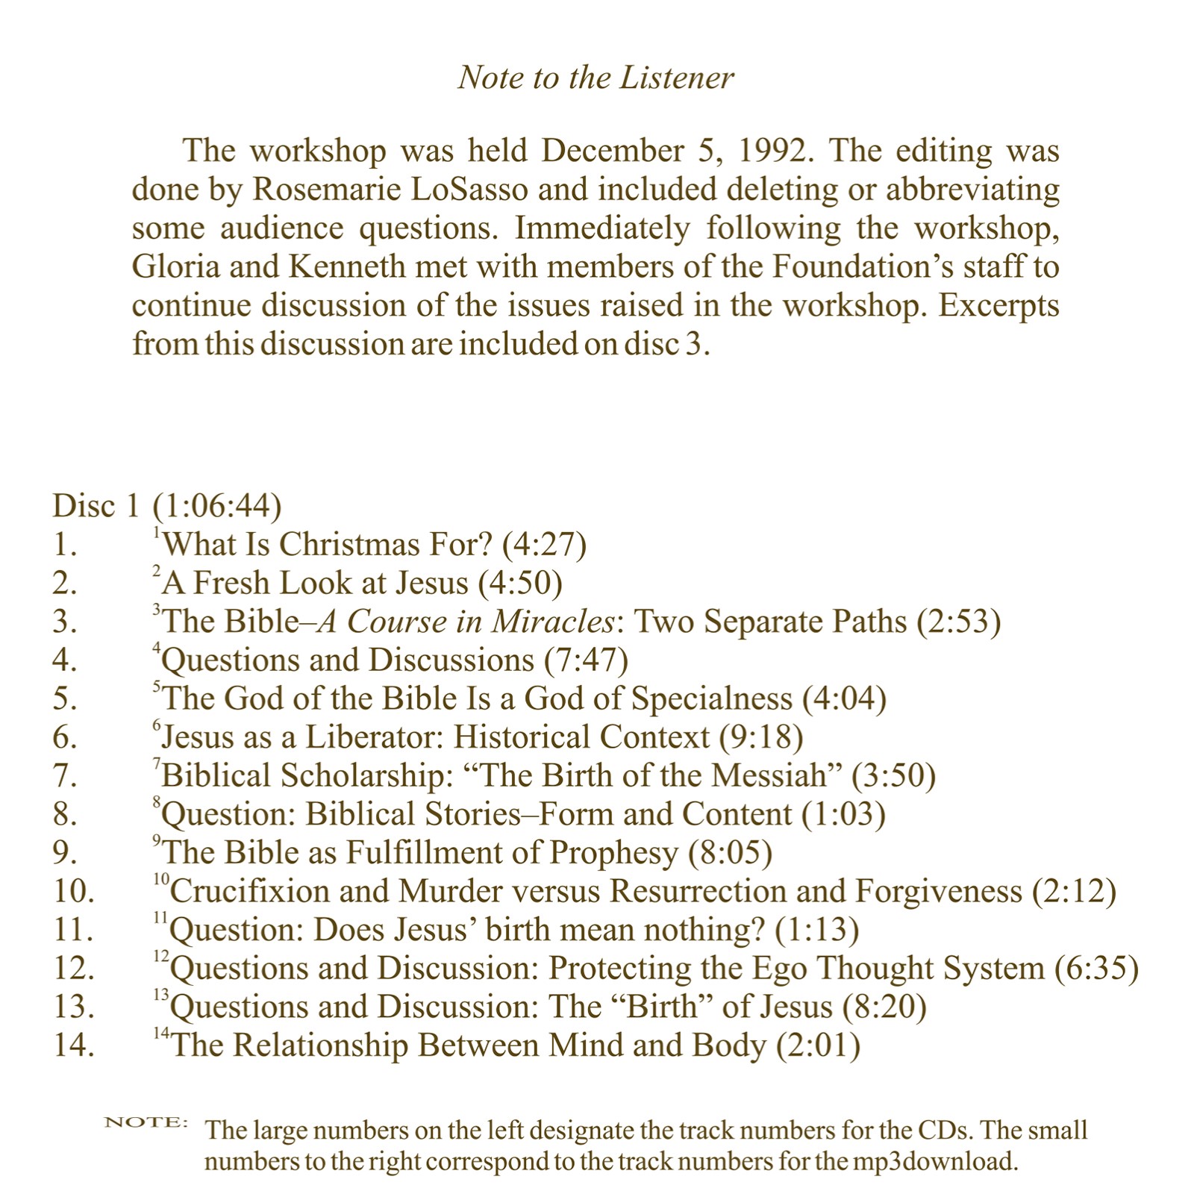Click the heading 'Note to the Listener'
pos(596,78)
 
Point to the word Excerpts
pos(998,305)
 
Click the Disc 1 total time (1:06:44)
pos(217,506)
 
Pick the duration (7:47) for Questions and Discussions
pos(587,660)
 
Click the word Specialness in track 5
pos(711,698)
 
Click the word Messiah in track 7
pos(769,775)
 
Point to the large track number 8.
pos(65,814)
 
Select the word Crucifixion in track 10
pos(280,891)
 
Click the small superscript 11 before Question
pos(160,919)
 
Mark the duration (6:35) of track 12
pos(1096,969)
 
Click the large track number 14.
pos(73,1045)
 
